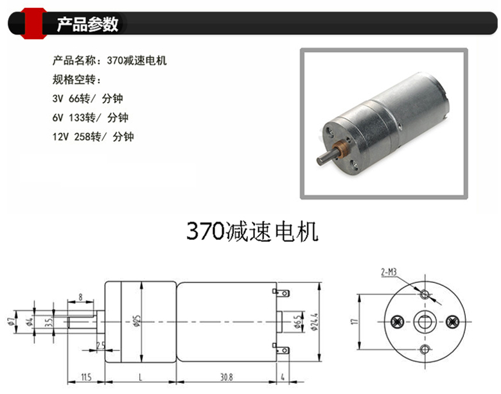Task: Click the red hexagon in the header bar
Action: point(33,23)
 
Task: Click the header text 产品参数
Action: point(87,24)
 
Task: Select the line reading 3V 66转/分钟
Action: point(87,99)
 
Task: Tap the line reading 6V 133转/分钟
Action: point(90,117)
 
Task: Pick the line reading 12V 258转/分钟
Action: point(93,137)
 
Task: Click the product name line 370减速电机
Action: point(110,60)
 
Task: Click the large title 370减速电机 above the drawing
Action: point(252,232)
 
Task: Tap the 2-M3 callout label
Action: point(389,272)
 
